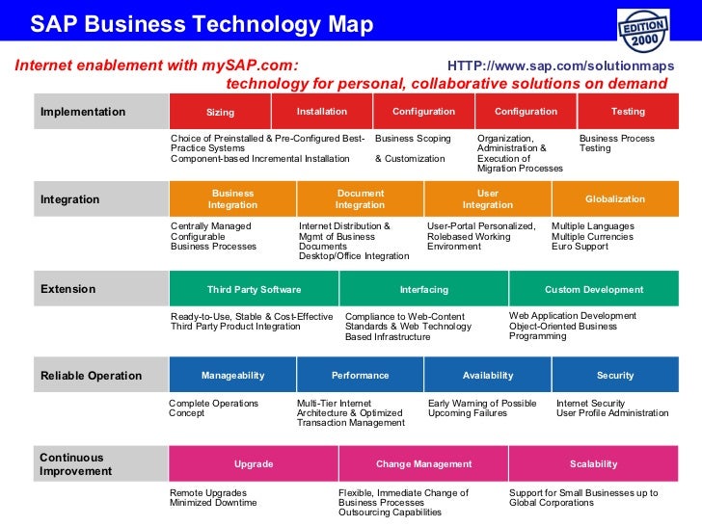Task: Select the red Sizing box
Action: point(220,112)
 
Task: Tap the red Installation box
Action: point(322,112)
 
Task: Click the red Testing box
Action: point(628,112)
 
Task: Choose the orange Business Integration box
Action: point(232,199)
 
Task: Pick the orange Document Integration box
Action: point(360,199)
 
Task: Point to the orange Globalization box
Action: point(615,199)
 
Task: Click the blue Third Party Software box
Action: point(254,289)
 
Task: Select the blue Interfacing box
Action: point(423,289)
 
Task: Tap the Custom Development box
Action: point(593,289)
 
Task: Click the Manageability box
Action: point(232,376)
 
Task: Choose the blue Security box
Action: point(615,376)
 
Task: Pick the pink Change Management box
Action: point(423,464)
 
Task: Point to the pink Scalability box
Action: point(593,464)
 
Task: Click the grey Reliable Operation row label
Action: point(92,376)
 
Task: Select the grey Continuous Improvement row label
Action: point(76,464)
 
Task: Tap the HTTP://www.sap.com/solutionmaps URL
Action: point(561,66)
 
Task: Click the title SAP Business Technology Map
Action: point(202,25)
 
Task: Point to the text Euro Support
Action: point(580,247)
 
